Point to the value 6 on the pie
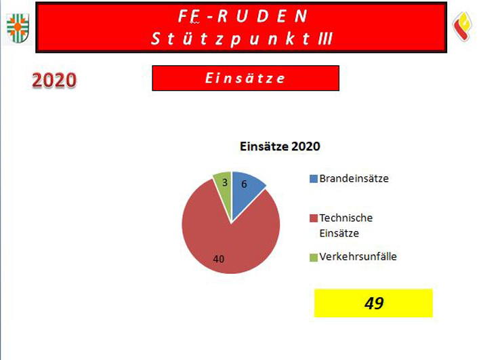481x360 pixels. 244,184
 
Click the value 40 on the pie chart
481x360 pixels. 218,259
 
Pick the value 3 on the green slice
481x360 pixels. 225,182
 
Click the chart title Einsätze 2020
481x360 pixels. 280,146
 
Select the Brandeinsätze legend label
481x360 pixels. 354,178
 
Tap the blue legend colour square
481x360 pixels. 314,179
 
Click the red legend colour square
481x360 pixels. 314,218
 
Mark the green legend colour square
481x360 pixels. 314,258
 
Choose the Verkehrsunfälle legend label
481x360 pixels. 358,256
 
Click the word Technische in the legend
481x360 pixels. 346,218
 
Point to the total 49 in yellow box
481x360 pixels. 374,303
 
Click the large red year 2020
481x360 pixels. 54,81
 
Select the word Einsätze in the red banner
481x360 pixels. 245,78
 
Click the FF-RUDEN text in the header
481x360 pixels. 243,16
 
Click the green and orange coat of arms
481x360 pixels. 18,28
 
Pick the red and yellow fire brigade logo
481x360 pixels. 463,26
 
